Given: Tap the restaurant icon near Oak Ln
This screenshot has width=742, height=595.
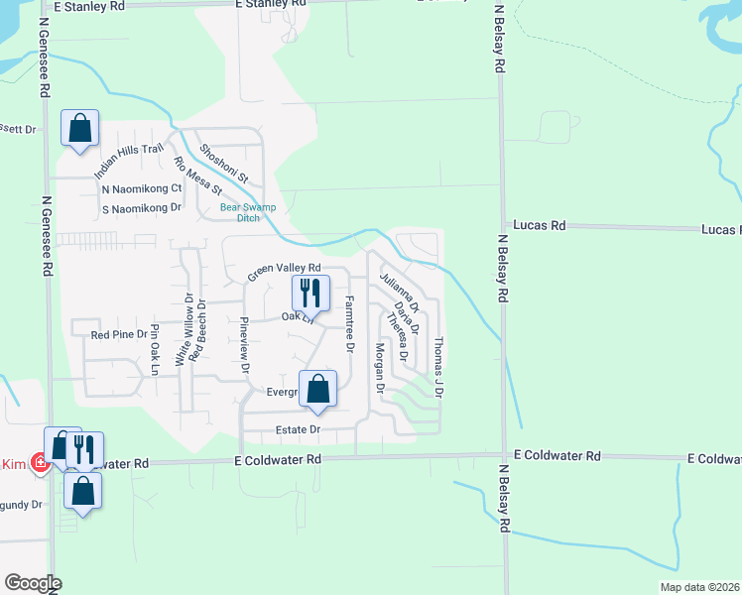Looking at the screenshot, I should coord(310,294).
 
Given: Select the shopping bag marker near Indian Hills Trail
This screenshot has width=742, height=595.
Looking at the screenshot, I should coord(79,129).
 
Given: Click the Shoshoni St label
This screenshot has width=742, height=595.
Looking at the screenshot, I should coord(224,165).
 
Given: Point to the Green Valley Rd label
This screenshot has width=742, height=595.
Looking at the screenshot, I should coord(285,269).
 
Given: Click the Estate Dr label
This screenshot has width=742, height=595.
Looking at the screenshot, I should coord(299,429).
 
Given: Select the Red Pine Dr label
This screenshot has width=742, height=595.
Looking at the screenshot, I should coord(118,335).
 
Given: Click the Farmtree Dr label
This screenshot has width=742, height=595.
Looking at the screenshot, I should coord(349,323).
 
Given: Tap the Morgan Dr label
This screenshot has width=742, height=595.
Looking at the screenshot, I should coord(379,366).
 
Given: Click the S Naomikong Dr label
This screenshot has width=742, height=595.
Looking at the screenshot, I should coord(142,208).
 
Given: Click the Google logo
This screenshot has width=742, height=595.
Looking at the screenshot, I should coord(33,583).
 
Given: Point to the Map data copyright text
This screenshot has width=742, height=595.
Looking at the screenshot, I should coord(698,587).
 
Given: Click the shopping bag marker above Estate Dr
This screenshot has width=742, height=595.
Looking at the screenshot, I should coord(318,390).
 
